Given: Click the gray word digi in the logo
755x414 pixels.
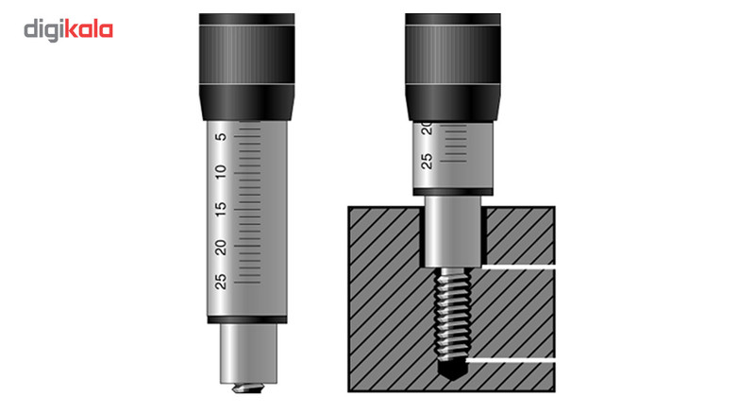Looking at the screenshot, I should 46,30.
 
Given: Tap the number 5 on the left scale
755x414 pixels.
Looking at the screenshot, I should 221,138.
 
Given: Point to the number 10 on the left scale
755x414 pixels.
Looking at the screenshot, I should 221,173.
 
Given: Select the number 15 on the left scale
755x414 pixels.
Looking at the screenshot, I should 221,209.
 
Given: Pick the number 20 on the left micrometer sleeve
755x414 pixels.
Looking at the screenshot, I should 221,246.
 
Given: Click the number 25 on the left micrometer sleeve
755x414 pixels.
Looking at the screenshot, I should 221,281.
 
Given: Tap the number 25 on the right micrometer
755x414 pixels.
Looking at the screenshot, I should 427,161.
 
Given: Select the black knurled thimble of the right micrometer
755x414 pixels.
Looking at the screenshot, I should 449,61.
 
